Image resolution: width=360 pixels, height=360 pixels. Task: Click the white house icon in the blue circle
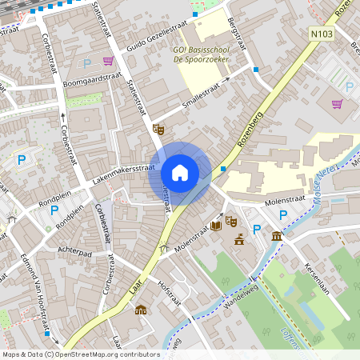180,173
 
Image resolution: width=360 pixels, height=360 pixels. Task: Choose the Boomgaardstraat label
90,82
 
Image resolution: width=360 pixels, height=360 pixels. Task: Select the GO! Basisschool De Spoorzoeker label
206,54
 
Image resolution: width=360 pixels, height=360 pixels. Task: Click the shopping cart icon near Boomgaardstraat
108,61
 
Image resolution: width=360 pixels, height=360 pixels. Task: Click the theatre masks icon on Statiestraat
158,128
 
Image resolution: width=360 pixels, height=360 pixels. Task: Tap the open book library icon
216,226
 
